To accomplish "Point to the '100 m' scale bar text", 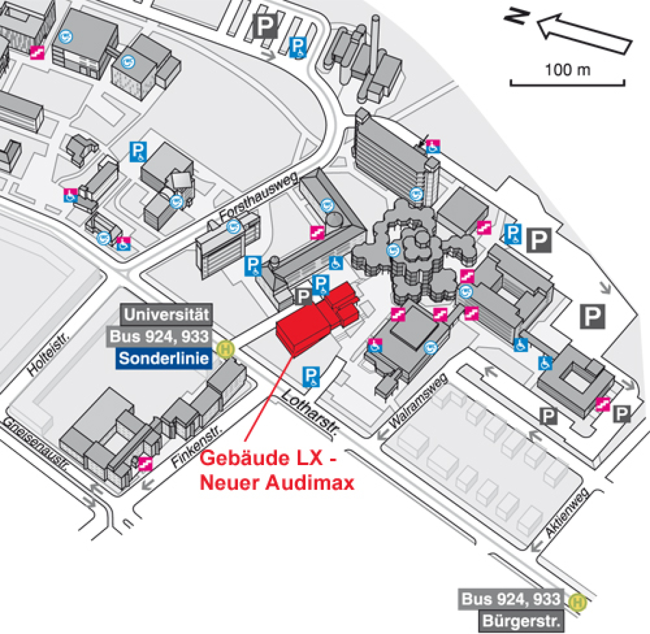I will tap(567, 69).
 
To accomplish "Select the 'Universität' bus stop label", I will tap(166, 315).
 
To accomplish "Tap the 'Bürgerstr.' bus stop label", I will tap(519, 621).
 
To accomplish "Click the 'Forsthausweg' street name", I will tap(259, 197).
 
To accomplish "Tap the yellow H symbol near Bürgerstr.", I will tap(578, 602).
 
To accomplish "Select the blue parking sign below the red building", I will tap(311, 376).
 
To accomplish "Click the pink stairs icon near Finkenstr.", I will tap(145, 463).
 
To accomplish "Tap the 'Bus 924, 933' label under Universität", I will tap(159, 336).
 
